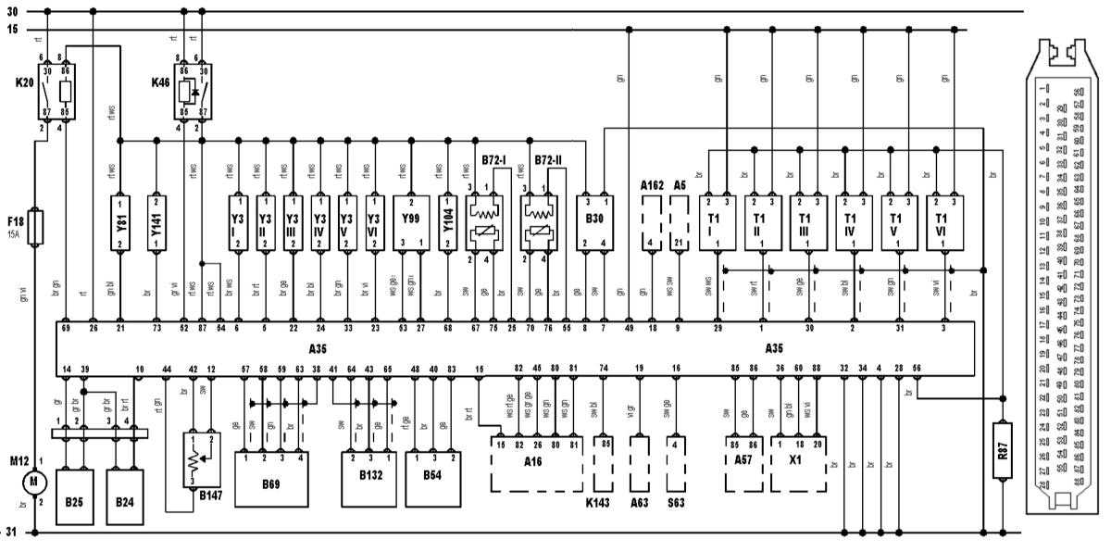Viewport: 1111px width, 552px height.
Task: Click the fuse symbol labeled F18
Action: point(34,227)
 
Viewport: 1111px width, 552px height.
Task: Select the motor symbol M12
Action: point(34,481)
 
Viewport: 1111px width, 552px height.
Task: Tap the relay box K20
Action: point(57,91)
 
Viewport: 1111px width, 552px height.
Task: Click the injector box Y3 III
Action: point(293,222)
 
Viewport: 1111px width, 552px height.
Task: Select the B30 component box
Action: point(594,222)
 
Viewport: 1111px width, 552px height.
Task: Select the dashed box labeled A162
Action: point(653,222)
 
